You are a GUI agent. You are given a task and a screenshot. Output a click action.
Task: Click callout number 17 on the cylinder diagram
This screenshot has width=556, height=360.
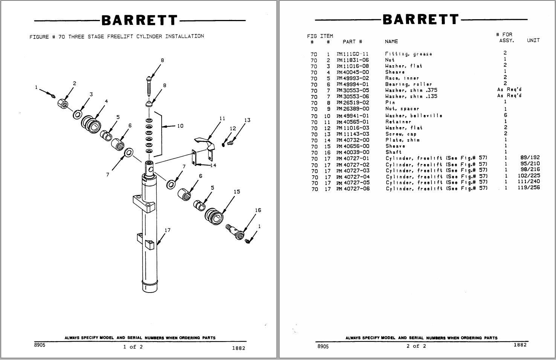click(x=167, y=230)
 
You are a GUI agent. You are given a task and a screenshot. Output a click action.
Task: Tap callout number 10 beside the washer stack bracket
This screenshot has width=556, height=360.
click(x=180, y=126)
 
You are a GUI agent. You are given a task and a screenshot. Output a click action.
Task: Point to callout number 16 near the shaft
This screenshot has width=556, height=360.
click(x=258, y=210)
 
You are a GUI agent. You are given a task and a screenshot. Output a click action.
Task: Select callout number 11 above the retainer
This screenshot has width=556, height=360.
click(x=222, y=118)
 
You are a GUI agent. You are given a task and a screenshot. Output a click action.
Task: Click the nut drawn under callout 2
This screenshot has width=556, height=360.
click(x=63, y=103)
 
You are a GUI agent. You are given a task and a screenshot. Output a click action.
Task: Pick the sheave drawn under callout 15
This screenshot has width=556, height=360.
click(x=214, y=216)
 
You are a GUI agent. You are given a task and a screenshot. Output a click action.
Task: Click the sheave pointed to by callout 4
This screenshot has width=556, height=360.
click(x=91, y=124)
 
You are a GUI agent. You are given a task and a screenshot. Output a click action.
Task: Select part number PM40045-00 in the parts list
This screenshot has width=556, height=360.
click(x=353, y=72)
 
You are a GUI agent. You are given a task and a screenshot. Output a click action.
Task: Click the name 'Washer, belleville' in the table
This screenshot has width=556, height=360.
click(x=414, y=116)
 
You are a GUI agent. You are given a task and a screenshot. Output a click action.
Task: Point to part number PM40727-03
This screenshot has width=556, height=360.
click(x=353, y=171)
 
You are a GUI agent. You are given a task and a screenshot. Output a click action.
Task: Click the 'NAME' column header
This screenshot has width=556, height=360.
click(x=391, y=41)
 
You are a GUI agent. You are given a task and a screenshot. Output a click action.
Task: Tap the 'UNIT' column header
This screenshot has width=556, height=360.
click(x=533, y=40)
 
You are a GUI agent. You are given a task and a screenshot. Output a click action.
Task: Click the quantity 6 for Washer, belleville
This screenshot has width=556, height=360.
click(x=505, y=115)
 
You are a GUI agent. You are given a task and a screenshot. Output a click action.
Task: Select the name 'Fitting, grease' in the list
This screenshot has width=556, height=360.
click(x=408, y=54)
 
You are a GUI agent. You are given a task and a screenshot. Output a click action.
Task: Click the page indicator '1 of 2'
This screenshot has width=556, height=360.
click(x=133, y=347)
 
